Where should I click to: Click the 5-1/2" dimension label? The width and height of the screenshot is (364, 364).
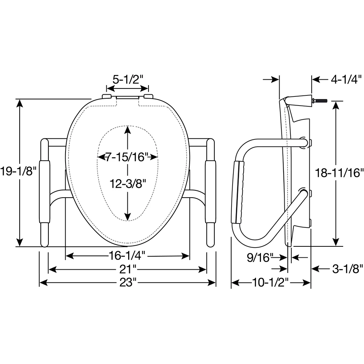[127, 80]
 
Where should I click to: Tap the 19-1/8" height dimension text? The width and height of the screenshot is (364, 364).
[18, 171]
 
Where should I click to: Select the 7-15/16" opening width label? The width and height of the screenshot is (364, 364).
[127, 157]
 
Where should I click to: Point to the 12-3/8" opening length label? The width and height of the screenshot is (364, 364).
[128, 184]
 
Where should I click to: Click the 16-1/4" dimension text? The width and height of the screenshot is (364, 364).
[127, 256]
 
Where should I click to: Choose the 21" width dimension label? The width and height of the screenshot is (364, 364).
[127, 269]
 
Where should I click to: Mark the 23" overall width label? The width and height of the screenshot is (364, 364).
[127, 282]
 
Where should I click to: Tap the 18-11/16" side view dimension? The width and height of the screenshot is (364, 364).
[339, 173]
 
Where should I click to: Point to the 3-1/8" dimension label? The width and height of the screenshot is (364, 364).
[348, 269]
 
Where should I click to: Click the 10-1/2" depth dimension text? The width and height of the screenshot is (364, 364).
[270, 282]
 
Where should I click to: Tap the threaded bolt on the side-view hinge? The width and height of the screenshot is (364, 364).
[320, 101]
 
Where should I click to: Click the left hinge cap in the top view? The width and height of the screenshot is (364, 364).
[106, 96]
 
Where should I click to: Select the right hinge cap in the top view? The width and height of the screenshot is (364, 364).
[149, 96]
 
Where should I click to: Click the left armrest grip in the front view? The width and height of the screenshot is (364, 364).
[44, 192]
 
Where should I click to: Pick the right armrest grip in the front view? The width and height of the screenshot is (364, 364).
[210, 192]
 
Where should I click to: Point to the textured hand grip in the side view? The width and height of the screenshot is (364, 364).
[237, 192]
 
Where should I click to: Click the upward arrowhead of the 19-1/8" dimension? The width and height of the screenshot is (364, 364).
[20, 103]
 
